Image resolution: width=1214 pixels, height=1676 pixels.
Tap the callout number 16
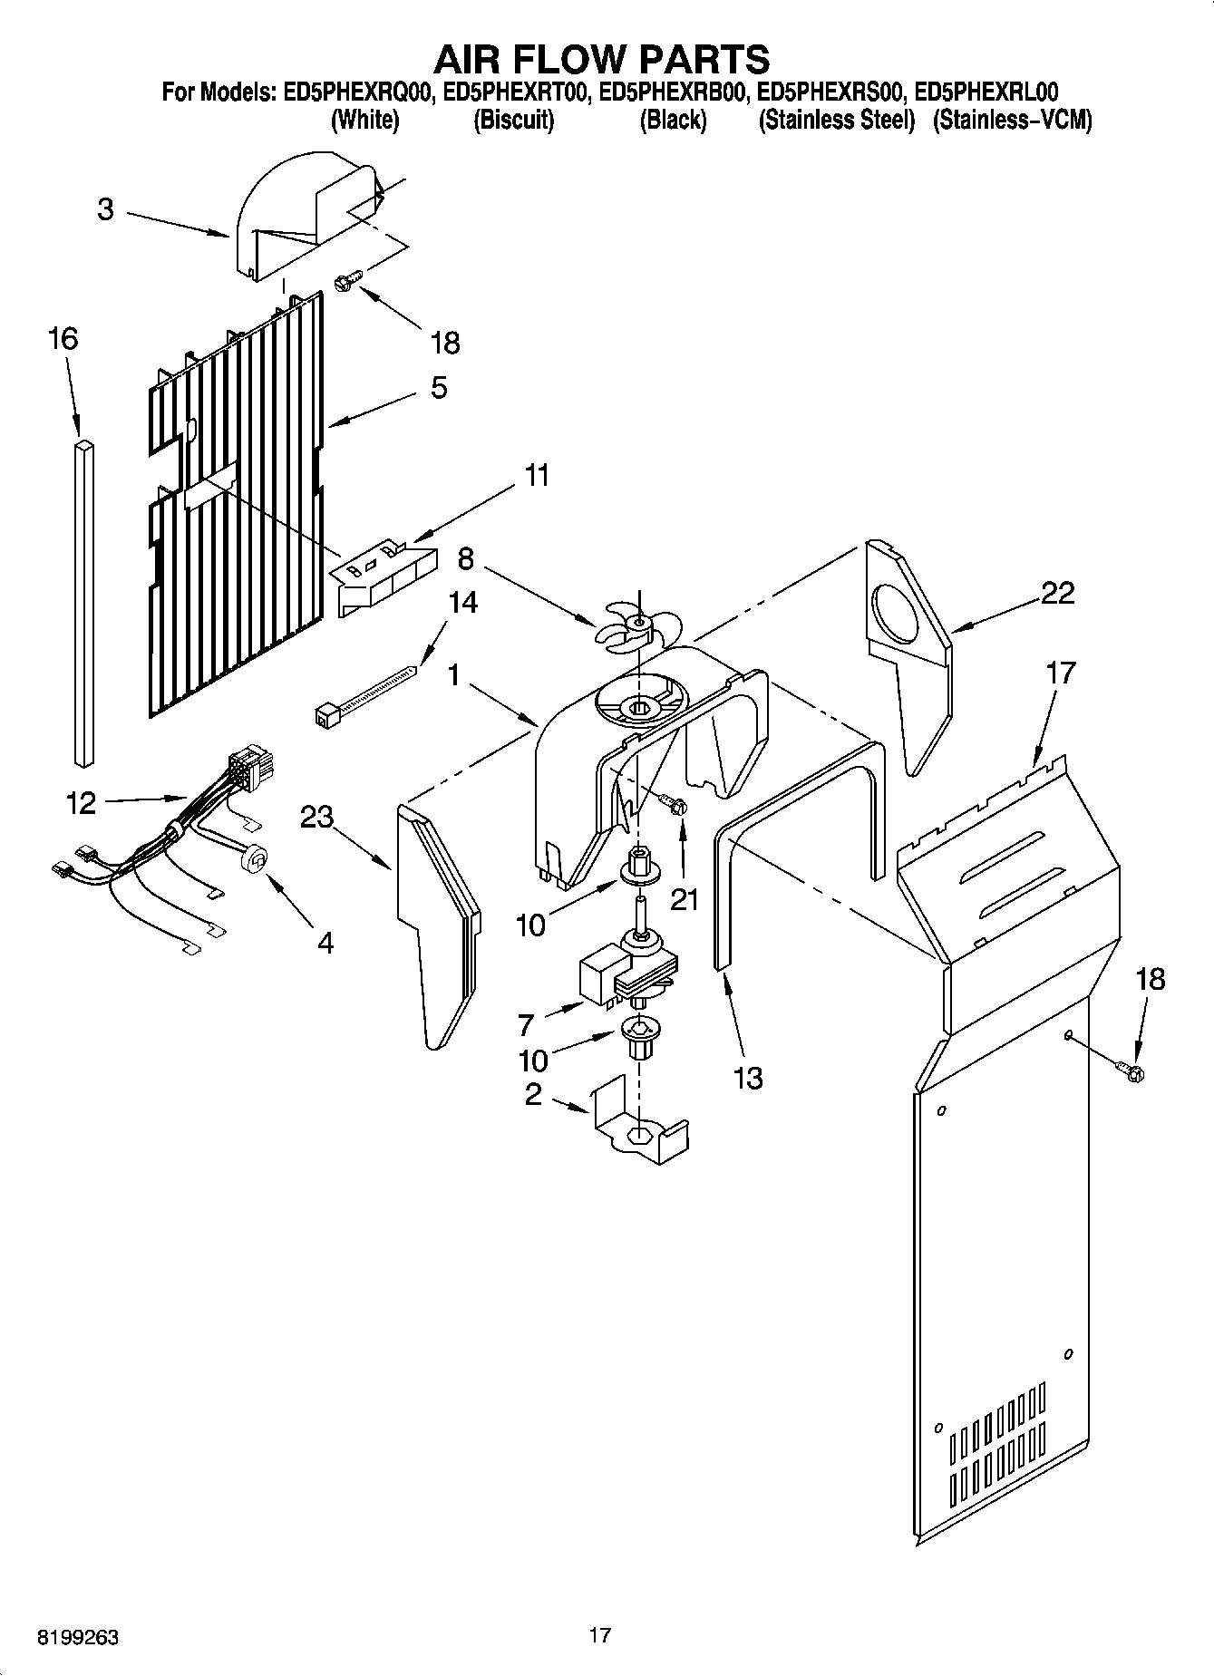pos(63,341)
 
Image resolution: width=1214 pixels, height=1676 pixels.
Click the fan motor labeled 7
pos(626,974)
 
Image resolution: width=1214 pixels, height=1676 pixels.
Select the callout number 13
pos(747,1078)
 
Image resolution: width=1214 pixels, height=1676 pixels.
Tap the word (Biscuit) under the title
pos(513,120)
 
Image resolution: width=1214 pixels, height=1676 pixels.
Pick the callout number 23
pos(316,817)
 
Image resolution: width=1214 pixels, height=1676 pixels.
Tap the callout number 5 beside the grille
pos(439,388)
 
